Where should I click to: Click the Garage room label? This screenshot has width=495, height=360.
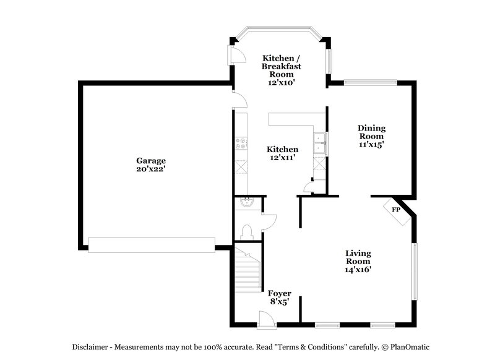pyautogui.click(x=151, y=165)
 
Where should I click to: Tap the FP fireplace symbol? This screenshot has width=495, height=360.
pyautogui.click(x=397, y=211)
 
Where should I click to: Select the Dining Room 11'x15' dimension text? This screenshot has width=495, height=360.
pyautogui.click(x=371, y=145)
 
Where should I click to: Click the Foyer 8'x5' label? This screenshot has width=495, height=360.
pyautogui.click(x=280, y=297)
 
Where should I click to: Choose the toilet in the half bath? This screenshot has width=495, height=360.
pyautogui.click(x=246, y=232)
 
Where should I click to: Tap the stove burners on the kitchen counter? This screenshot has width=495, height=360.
pyautogui.click(x=241, y=144)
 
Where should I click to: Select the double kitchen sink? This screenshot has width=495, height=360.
pyautogui.click(x=320, y=144)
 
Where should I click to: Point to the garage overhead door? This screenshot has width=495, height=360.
pyautogui.click(x=152, y=245)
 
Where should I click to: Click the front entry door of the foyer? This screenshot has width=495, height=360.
pyautogui.click(x=267, y=320)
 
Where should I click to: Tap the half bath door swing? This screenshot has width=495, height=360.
pyautogui.click(x=269, y=223)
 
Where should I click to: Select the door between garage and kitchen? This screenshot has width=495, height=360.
pyautogui.click(x=239, y=100)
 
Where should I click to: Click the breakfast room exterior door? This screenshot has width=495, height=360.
pyautogui.click(x=237, y=55)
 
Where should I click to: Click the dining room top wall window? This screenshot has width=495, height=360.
pyautogui.click(x=370, y=82)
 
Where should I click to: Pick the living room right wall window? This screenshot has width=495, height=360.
pyautogui.click(x=415, y=272)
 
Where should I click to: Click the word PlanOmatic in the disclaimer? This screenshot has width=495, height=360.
pyautogui.click(x=410, y=347)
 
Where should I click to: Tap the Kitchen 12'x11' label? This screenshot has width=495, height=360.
pyautogui.click(x=283, y=153)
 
